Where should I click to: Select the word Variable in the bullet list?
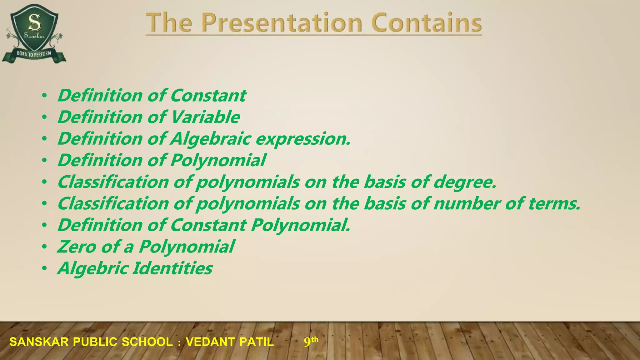pos(205,117)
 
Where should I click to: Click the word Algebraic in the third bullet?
pos(210,139)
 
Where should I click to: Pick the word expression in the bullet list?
pos(303,139)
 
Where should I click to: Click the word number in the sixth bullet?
pos(467,204)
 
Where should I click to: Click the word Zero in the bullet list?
pos(77,247)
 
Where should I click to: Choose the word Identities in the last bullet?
pos(172,268)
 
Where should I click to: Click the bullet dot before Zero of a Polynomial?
pos(45,247)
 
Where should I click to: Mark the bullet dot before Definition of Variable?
pos(45,117)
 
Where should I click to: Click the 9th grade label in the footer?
pos(311,342)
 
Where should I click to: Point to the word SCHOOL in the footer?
pos(147,342)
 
